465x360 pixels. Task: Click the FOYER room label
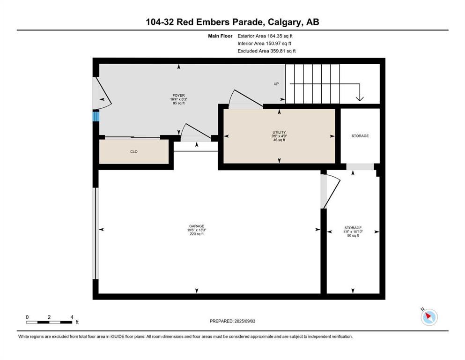click(178, 96)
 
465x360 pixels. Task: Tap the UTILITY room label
click(279, 132)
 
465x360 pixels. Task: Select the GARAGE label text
click(197, 226)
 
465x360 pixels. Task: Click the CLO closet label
click(134, 152)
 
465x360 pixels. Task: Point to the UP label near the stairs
click(276, 84)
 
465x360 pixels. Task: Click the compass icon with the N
click(429, 317)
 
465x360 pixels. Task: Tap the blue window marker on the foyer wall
click(96, 116)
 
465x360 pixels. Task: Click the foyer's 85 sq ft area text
click(178, 103)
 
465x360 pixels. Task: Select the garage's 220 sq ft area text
click(197, 234)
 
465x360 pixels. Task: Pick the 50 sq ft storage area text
click(353, 236)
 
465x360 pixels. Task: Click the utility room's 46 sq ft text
click(279, 140)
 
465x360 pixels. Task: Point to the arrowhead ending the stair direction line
click(360, 98)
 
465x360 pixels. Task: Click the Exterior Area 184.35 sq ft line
click(265, 36)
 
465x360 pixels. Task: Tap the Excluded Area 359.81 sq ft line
click(266, 51)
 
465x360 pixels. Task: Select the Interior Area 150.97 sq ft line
click(264, 43)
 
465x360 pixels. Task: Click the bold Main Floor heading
click(220, 36)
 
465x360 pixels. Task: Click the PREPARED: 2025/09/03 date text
click(232, 321)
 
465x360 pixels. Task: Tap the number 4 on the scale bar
click(72, 317)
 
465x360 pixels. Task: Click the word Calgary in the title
click(284, 22)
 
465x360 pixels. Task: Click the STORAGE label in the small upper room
click(360, 136)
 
